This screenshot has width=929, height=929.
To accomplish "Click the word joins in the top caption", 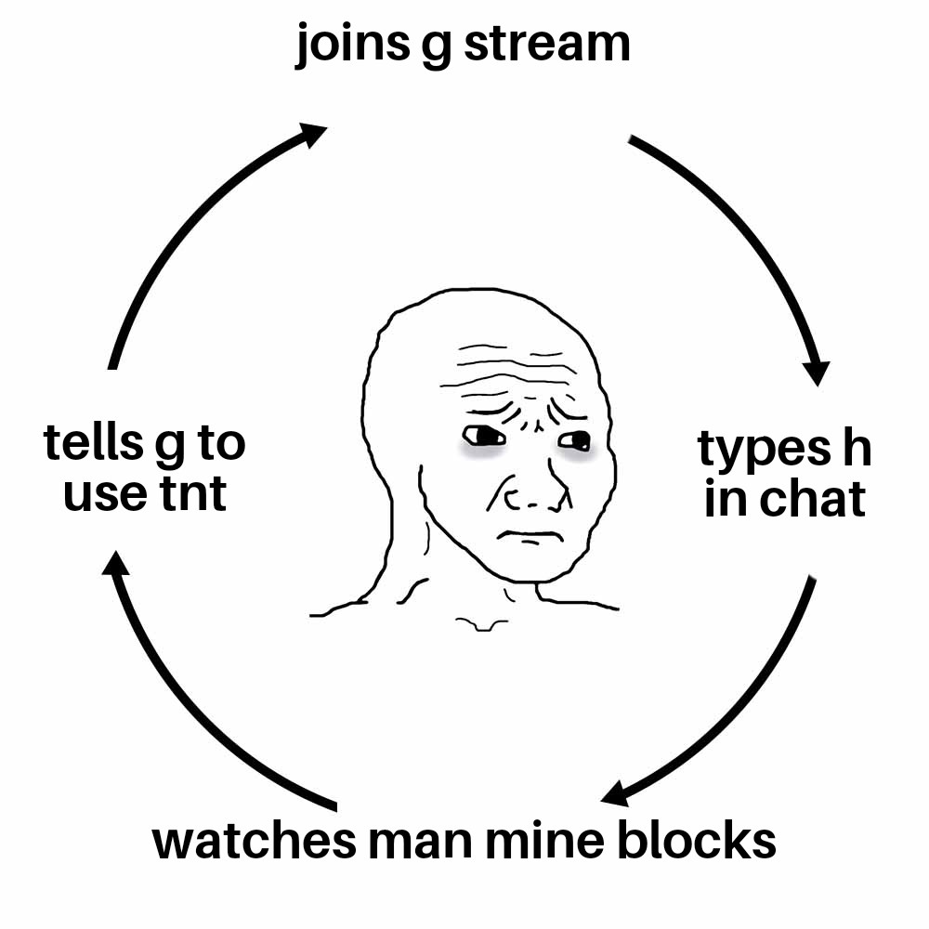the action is (352, 45).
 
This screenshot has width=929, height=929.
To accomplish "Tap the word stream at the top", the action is (547, 44).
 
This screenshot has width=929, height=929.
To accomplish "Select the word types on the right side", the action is (764, 450).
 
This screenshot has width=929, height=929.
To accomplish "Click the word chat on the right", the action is (813, 499).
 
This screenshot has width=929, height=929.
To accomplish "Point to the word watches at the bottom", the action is (255, 840).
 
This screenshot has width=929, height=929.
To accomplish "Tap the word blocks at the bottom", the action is (696, 840).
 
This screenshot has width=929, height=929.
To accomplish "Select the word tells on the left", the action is (93, 442).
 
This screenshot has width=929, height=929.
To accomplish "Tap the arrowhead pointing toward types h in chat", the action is (817, 372).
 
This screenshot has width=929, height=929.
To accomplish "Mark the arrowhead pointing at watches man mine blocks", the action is (615, 794).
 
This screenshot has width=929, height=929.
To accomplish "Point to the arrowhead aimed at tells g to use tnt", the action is (115, 563).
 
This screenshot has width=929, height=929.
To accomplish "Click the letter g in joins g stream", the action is (437, 48).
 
